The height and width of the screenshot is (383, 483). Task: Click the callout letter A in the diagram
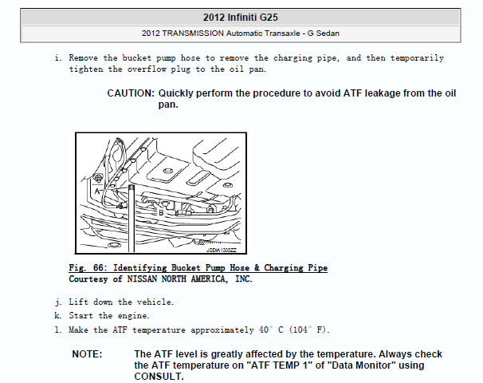97,191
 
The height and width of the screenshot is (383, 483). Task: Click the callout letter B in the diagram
161,213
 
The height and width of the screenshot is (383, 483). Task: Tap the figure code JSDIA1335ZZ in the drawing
221,250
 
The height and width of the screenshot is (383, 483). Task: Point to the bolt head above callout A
98,178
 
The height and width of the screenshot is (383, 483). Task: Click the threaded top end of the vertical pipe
132,188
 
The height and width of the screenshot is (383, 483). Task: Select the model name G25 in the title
269,18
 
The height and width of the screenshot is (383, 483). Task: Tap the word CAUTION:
131,93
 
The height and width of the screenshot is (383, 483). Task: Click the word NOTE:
87,354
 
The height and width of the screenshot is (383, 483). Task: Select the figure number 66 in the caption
98,267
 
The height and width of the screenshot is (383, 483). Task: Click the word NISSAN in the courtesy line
142,278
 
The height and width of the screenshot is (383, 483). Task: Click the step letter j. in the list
58,302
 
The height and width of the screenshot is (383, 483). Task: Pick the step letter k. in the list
57,315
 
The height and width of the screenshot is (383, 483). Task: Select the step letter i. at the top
58,58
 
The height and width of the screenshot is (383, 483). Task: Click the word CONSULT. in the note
159,377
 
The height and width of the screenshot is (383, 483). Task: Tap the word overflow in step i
147,69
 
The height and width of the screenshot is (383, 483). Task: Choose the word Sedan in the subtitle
328,34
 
